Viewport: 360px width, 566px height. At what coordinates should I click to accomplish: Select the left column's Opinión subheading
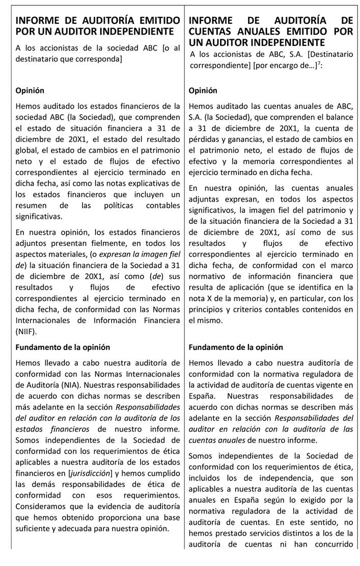[30, 91]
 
